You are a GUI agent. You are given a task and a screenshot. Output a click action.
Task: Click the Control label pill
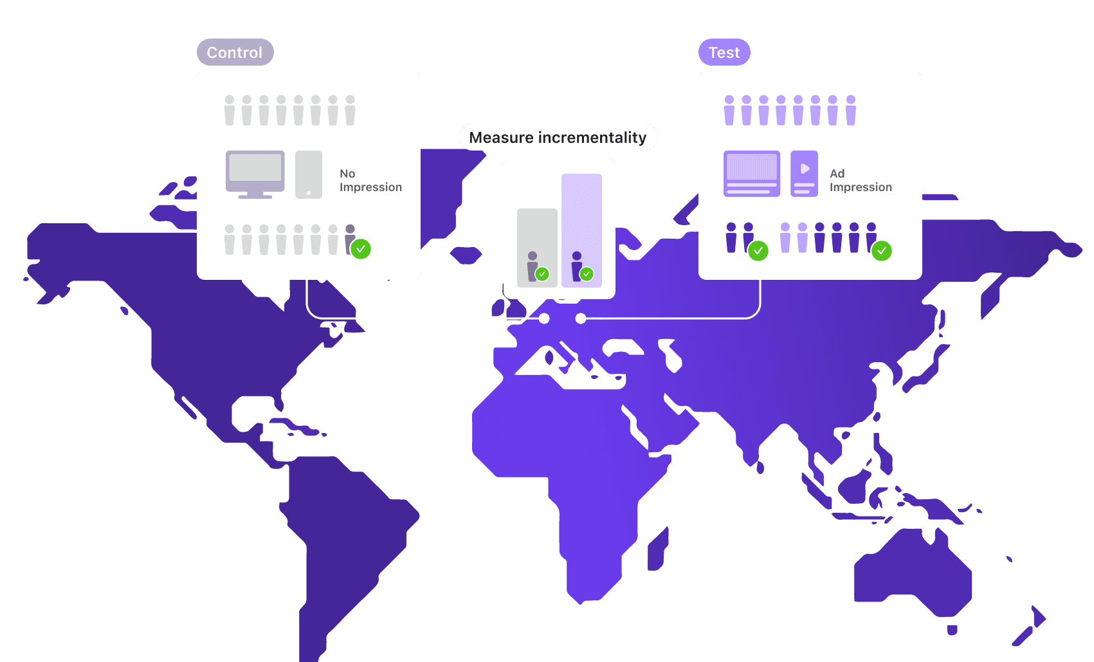click(235, 52)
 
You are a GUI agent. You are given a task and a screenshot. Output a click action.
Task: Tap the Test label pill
click(724, 52)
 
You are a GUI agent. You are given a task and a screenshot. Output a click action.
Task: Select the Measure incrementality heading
click(558, 138)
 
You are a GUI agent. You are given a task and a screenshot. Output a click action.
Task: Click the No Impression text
click(370, 180)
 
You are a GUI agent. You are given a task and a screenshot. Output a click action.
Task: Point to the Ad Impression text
click(861, 180)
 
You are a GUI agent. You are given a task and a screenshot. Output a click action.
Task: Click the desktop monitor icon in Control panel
click(255, 174)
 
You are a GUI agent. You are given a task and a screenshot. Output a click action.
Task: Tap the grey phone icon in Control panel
click(309, 174)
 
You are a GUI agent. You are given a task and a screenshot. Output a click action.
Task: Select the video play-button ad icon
click(804, 174)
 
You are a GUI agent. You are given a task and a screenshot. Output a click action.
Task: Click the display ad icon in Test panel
click(752, 174)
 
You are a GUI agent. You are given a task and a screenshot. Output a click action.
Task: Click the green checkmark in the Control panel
click(361, 249)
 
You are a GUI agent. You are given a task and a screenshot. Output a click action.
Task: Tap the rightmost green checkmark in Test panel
click(882, 251)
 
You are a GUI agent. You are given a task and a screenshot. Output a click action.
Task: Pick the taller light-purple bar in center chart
click(581, 230)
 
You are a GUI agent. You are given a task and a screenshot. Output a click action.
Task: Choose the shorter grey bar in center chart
click(537, 248)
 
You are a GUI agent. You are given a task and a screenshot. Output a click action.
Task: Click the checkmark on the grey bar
click(542, 274)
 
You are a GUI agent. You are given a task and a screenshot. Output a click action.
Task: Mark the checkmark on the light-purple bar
click(587, 274)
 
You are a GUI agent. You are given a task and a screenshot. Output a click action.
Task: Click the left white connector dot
click(544, 318)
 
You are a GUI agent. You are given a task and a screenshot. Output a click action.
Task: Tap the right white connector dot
click(581, 318)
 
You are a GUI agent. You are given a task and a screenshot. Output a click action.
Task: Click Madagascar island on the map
click(658, 549)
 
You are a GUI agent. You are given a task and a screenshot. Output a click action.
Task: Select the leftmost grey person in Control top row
click(230, 110)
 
